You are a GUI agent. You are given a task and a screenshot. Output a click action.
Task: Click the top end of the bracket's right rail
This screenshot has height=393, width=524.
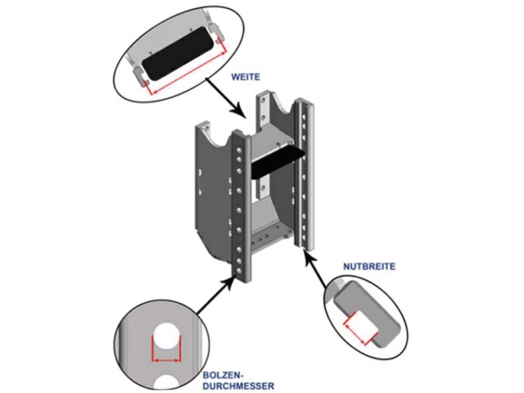306,103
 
